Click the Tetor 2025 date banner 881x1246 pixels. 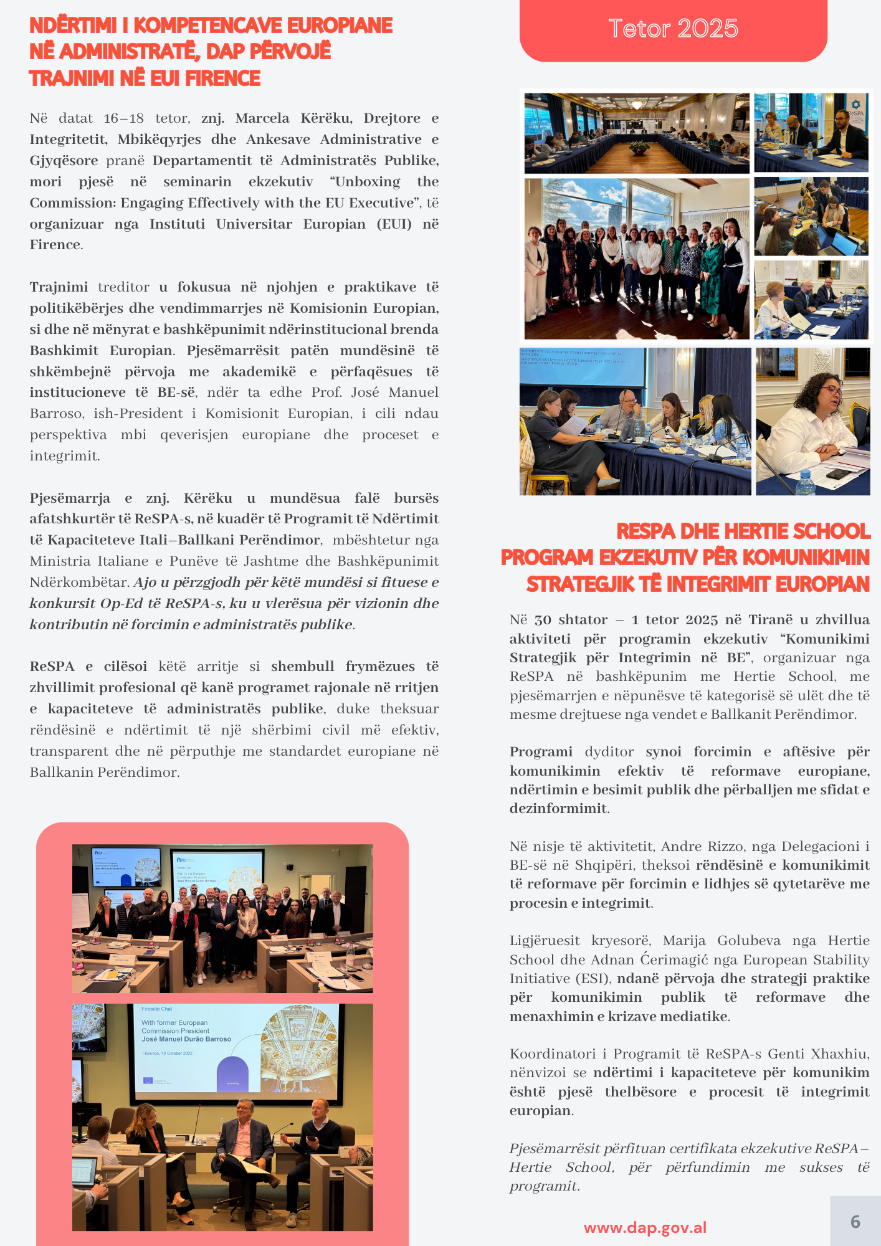(673, 29)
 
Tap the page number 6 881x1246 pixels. (855, 1222)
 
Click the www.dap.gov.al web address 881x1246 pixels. (645, 1227)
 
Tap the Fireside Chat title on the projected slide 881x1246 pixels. (156, 1009)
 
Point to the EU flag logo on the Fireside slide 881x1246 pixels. (148, 1080)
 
